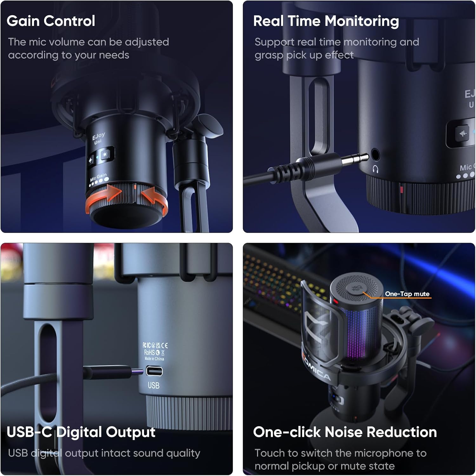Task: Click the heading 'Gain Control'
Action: (51, 21)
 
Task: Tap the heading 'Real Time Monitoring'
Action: (326, 21)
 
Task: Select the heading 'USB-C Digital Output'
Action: (81, 432)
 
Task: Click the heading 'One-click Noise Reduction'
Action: (345, 432)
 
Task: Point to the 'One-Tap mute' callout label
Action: (407, 294)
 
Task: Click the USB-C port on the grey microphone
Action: (154, 371)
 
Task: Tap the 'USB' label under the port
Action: (154, 385)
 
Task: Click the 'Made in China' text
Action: (155, 359)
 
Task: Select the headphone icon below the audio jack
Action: (375, 169)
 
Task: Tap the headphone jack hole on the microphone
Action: (375, 155)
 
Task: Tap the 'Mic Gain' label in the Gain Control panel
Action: (98, 177)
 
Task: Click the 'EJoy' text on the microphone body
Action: (98, 136)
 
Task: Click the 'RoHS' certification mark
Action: (149, 352)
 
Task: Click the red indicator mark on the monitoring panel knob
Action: (401, 190)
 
